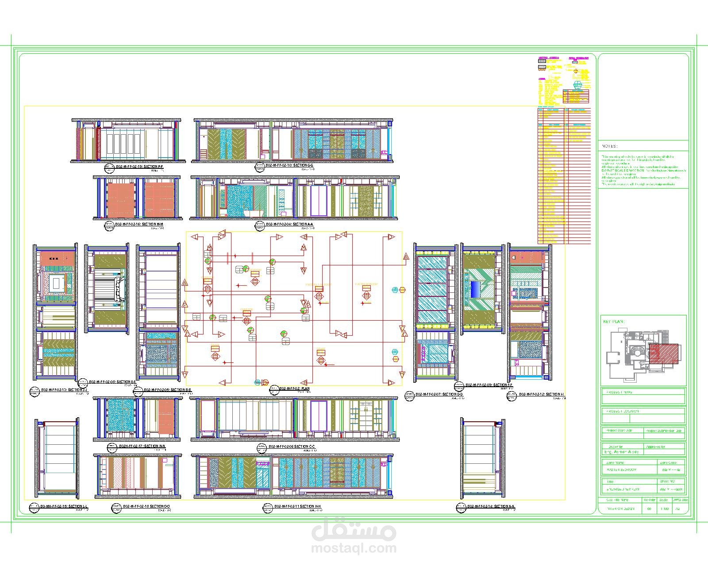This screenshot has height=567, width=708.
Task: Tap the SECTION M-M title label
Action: [139, 225]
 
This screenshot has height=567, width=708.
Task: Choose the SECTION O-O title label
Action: [146, 506]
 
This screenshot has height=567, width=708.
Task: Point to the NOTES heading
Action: [609, 146]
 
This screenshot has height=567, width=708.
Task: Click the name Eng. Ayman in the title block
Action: [622, 452]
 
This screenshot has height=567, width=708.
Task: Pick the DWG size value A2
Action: [677, 509]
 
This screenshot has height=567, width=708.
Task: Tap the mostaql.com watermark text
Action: [354, 548]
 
